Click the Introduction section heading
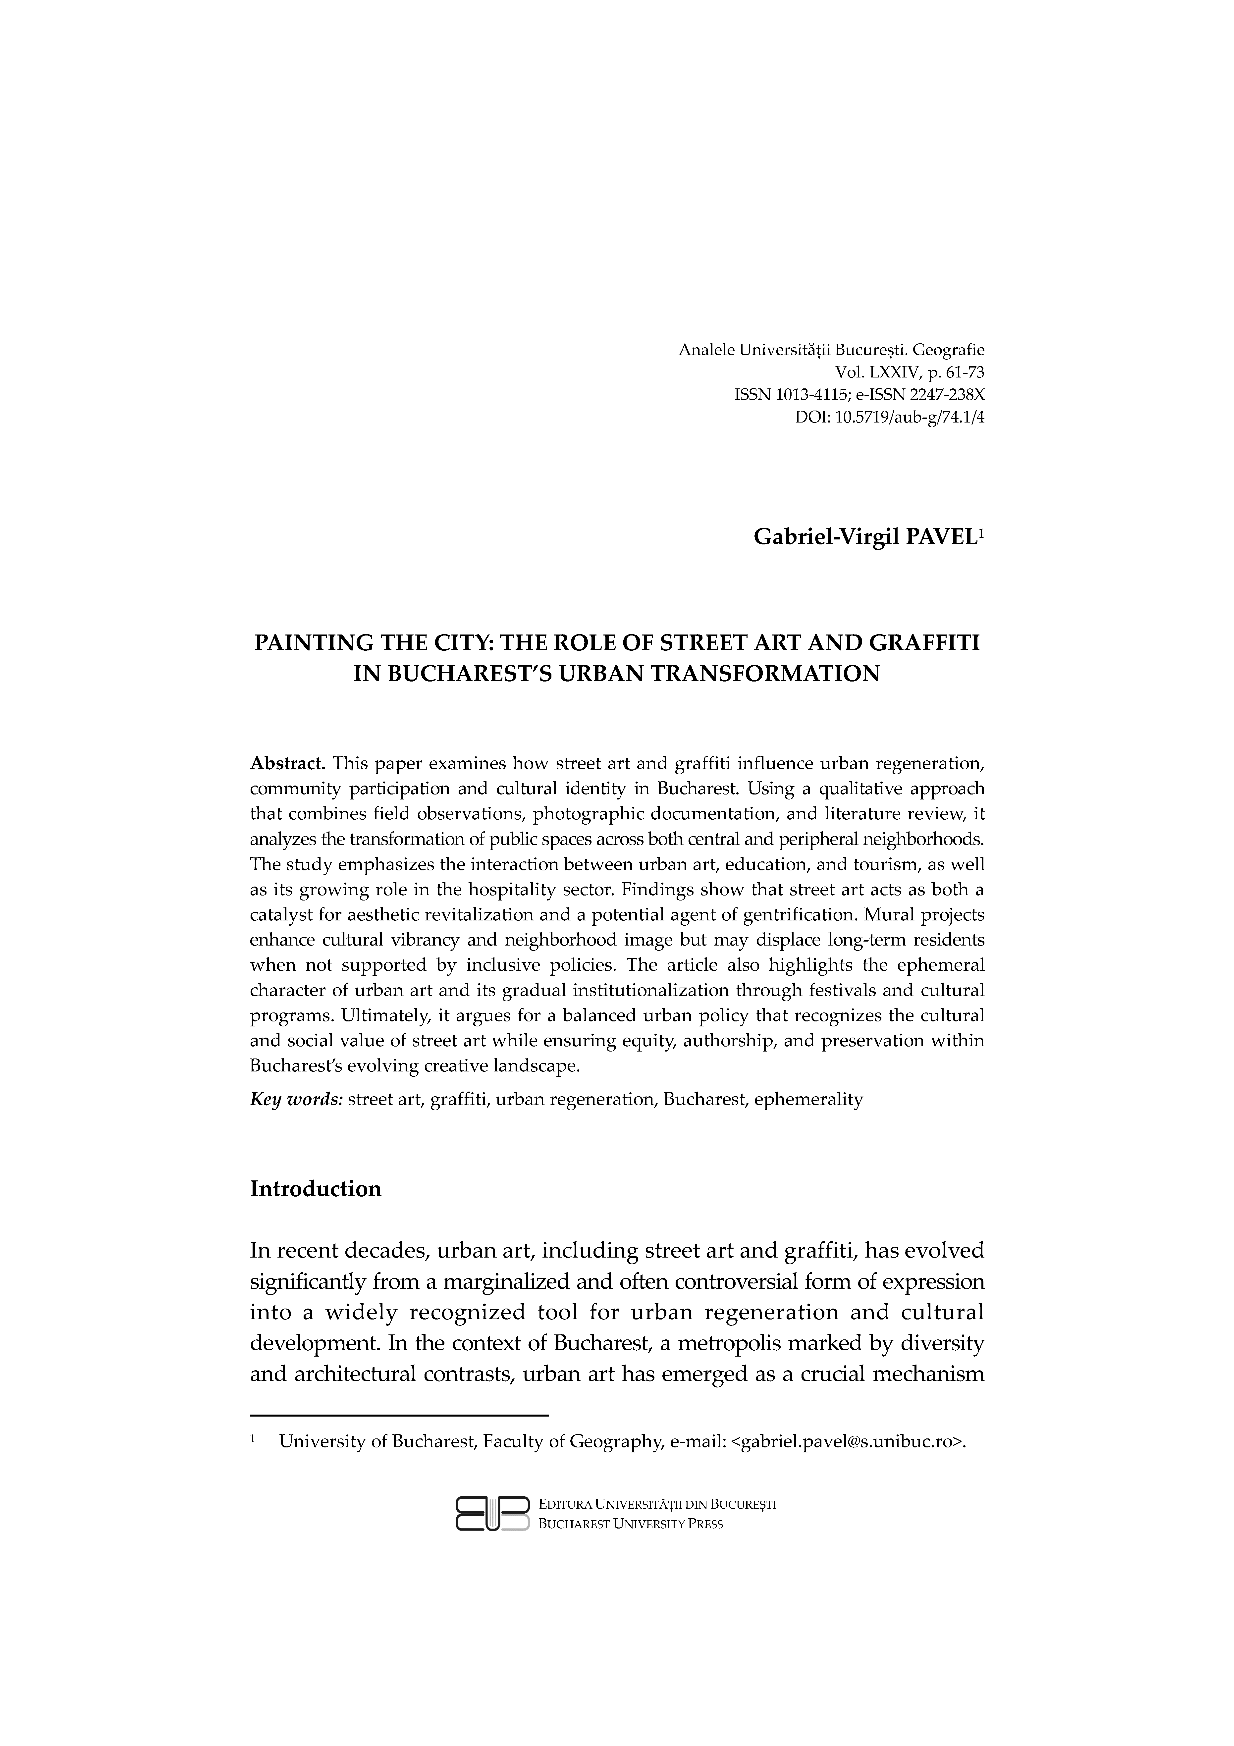pyautogui.click(x=316, y=1189)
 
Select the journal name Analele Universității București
pyautogui.click(x=791, y=351)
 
